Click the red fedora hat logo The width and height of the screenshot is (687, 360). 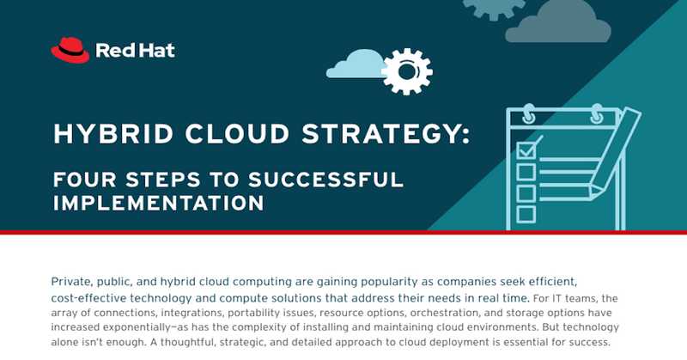point(70,50)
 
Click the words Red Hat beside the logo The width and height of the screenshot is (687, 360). point(135,51)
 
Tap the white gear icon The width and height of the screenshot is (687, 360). point(407,71)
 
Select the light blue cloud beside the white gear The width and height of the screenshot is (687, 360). point(356,64)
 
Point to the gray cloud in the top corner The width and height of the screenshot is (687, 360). point(557,23)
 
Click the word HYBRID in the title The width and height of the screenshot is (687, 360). point(113,134)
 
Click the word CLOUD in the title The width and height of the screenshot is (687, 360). point(237,134)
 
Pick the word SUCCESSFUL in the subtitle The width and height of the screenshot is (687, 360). point(325,180)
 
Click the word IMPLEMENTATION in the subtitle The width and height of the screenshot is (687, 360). point(158,203)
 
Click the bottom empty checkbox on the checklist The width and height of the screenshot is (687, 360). point(526,215)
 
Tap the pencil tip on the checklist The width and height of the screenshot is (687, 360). point(595,192)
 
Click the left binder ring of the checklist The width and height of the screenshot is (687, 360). point(528,114)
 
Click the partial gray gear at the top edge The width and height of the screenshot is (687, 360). point(494,9)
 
